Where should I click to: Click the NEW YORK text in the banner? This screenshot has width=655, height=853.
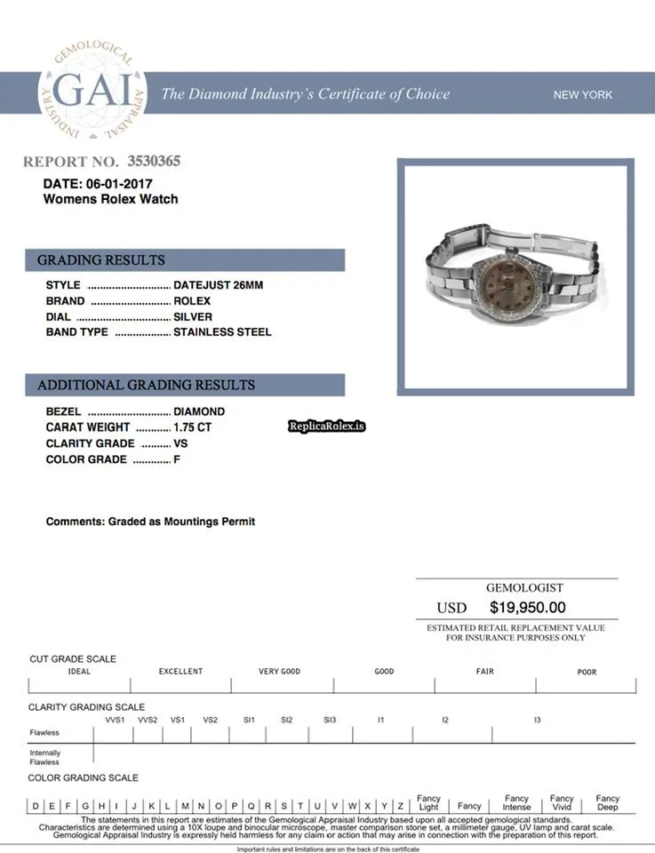[583, 95]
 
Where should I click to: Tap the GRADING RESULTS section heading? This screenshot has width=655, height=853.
[101, 260]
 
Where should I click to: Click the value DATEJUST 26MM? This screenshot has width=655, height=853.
[218, 285]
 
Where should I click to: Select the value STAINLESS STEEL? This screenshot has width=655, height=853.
[222, 332]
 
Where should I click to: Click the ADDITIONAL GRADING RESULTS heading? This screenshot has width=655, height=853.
[146, 385]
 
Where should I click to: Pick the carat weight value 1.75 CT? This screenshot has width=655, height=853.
[193, 427]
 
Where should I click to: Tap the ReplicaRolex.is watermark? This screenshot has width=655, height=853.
[327, 426]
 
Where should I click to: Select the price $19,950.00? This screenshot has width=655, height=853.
[527, 608]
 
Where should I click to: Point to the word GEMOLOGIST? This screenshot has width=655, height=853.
[524, 588]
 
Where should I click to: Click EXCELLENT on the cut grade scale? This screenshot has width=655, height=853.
[180, 672]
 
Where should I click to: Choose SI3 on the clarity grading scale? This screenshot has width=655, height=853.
[330, 719]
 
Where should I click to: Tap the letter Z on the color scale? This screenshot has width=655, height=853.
[401, 806]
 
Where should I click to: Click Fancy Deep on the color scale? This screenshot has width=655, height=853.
[608, 802]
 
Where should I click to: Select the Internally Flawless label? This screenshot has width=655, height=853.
[44, 757]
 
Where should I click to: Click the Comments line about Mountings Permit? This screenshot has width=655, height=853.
[150, 522]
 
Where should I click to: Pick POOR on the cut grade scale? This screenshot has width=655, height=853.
[587, 672]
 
